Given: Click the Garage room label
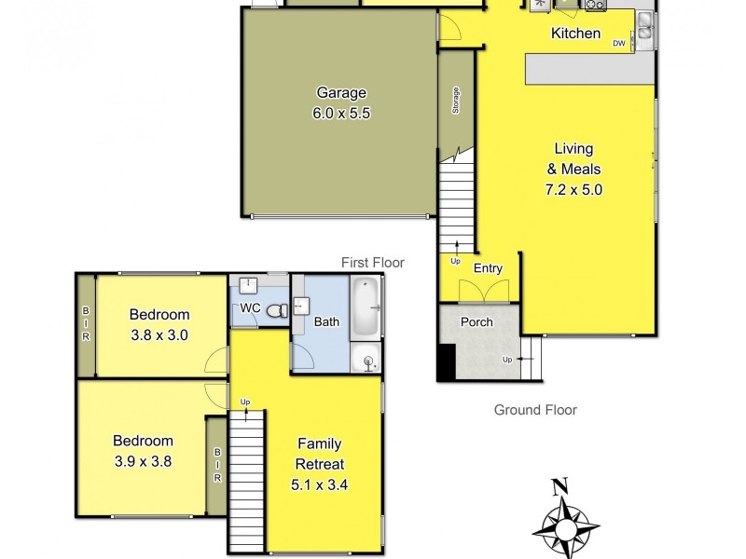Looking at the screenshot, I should (x=340, y=93).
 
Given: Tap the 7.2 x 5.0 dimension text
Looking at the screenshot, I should (x=573, y=189).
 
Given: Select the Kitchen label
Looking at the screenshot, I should (x=575, y=34).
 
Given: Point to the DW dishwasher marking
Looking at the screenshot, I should (x=618, y=43).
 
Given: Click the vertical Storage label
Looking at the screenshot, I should (x=455, y=102).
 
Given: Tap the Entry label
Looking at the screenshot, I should (x=488, y=268).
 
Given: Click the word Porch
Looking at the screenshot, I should (x=477, y=322).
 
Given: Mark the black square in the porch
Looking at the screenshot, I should (x=447, y=362).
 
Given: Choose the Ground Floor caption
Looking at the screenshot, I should (x=535, y=409).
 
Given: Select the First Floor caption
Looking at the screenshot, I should (x=372, y=263).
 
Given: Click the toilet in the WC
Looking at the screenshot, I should (x=277, y=310).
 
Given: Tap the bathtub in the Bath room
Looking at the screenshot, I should (x=365, y=307).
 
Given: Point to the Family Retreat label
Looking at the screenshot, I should (x=320, y=454).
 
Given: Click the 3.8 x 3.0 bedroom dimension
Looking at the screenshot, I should (x=159, y=334).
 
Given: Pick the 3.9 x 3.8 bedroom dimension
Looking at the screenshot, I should (x=143, y=460).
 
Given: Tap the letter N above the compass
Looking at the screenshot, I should (x=559, y=485).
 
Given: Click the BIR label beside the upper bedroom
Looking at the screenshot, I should (x=86, y=323).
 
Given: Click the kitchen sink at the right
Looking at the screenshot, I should (x=643, y=35).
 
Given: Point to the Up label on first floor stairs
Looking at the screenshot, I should (x=245, y=402).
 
